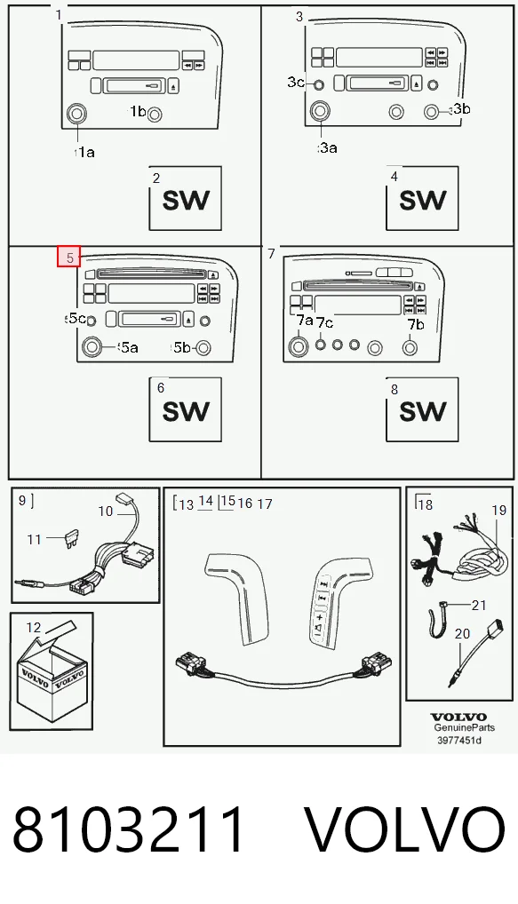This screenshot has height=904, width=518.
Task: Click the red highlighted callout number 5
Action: click(x=69, y=257)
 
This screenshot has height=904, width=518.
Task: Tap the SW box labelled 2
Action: click(x=185, y=198)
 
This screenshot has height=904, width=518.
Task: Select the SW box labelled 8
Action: click(x=422, y=409)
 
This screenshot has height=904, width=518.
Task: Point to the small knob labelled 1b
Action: click(x=154, y=115)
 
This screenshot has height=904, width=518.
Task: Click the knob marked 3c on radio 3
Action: click(x=318, y=85)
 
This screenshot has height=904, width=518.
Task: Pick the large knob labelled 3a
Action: click(x=320, y=111)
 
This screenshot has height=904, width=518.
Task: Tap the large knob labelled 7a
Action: click(x=299, y=346)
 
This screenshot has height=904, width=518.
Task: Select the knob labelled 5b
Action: click(x=203, y=347)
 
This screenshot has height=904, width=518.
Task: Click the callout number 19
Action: click(x=499, y=511)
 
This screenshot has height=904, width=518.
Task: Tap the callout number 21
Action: click(x=479, y=605)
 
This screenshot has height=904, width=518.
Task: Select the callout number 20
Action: click(x=463, y=634)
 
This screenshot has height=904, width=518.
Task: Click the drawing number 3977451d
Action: click(x=458, y=740)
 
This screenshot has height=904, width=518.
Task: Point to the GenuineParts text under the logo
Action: click(x=465, y=727)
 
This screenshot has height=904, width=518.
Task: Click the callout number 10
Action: click(x=106, y=511)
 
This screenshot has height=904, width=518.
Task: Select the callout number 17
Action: click(x=265, y=504)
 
